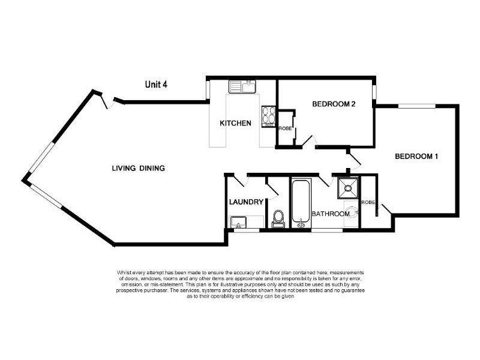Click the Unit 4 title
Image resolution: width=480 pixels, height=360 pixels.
click(x=156, y=84)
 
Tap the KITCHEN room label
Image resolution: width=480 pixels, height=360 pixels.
click(x=235, y=123)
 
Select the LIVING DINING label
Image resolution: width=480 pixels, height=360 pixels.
click(x=139, y=168)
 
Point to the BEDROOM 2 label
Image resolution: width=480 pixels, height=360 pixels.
click(x=334, y=104)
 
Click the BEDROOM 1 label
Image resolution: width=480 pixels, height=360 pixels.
click(x=416, y=157)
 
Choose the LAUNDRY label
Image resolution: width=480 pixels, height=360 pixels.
click(x=246, y=202)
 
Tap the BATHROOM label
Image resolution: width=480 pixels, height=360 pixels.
click(x=331, y=214)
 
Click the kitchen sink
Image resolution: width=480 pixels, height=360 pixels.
click(x=242, y=86)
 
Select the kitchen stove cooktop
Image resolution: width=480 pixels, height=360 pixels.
click(x=268, y=116)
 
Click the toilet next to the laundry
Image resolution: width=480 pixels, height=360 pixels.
click(x=278, y=218)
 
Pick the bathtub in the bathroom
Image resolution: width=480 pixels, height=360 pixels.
click(x=301, y=203)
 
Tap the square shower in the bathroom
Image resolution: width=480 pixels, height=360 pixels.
click(x=348, y=188)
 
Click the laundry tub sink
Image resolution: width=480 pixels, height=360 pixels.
click(x=238, y=222)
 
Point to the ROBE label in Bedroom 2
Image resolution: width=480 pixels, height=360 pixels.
click(x=286, y=128)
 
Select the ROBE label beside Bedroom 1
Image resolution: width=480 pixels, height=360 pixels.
click(x=368, y=202)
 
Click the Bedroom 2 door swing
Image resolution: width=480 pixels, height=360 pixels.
click(x=310, y=142)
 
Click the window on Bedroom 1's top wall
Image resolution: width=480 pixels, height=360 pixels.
click(x=416, y=106)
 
